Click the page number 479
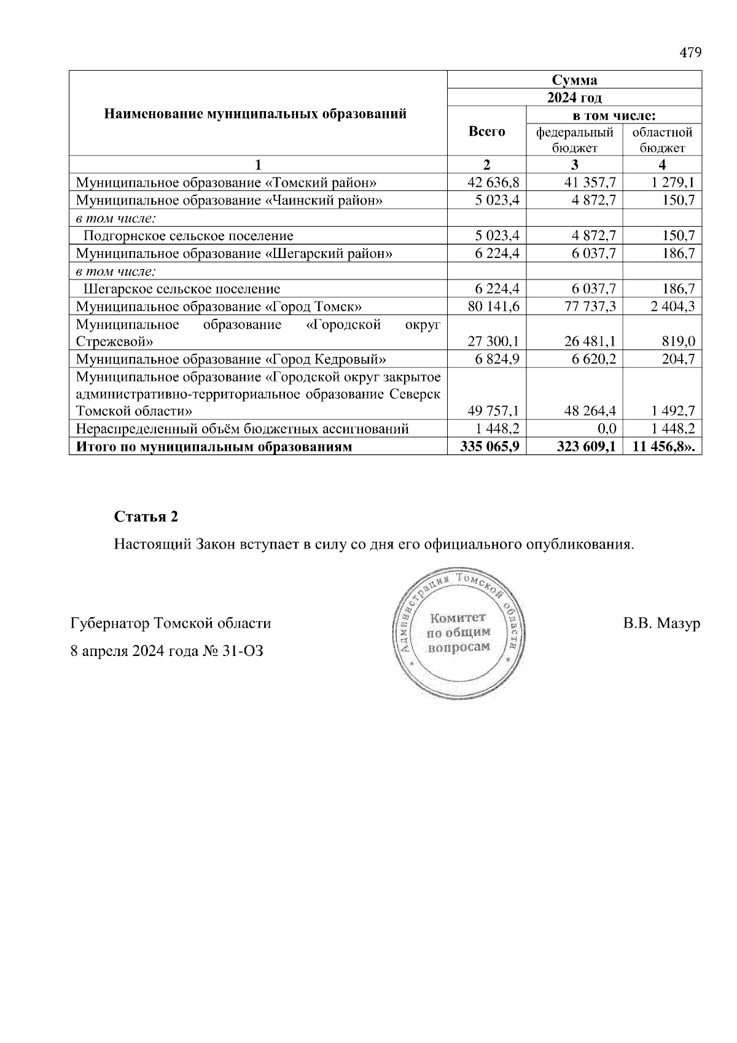click(x=690, y=53)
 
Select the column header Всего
click(x=486, y=131)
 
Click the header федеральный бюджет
click(x=574, y=140)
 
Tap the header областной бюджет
click(x=662, y=140)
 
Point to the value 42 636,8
click(x=493, y=182)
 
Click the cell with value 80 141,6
click(x=493, y=307)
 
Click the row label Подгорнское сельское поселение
click(x=188, y=236)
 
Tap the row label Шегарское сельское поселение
click(x=181, y=289)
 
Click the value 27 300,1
click(x=493, y=342)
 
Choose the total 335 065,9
click(x=490, y=447)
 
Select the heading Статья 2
click(x=146, y=517)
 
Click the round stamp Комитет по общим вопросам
click(x=459, y=633)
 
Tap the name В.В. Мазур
click(x=661, y=624)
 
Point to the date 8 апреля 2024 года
click(x=133, y=651)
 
